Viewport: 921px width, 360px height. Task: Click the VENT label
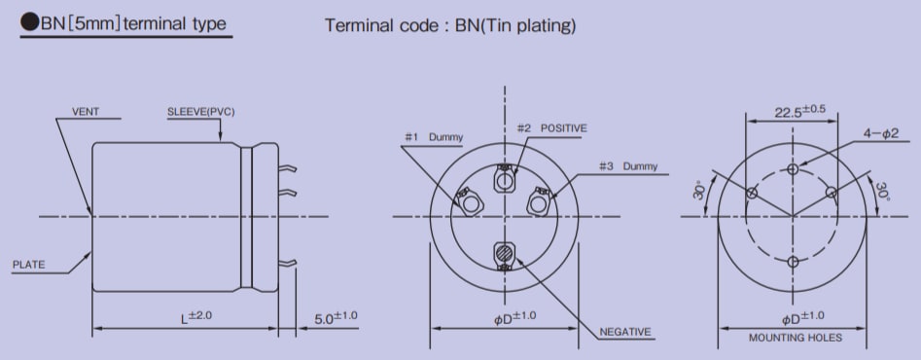tap(86, 113)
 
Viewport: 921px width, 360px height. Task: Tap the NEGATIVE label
tap(624, 332)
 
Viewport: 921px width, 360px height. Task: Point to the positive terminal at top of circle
tap(505, 179)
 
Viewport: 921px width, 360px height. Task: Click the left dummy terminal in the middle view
tap(470, 204)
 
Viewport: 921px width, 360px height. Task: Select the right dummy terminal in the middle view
tap(539, 202)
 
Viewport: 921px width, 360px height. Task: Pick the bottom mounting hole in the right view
tap(794, 262)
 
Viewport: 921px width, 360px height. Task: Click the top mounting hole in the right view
tap(794, 169)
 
